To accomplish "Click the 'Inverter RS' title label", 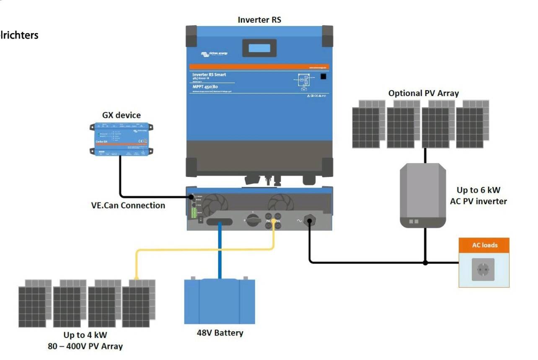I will click(259, 19).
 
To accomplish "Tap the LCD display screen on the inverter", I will click(259, 48).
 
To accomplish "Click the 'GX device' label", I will click(122, 115).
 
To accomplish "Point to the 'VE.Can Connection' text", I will click(128, 205).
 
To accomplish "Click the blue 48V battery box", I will click(220, 301).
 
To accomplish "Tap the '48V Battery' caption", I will click(220, 333).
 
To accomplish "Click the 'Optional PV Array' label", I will click(423, 93).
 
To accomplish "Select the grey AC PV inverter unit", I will click(422, 195).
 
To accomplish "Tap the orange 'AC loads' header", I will click(484, 245).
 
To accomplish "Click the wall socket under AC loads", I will click(483, 269).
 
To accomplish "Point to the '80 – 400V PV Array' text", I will click(85, 346).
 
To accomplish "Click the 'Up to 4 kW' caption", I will click(85, 335).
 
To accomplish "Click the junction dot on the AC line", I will click(425, 263).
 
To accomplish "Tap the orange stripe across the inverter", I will click(259, 67).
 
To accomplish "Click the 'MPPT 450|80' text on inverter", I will click(205, 87).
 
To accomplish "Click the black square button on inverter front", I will click(323, 77).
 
